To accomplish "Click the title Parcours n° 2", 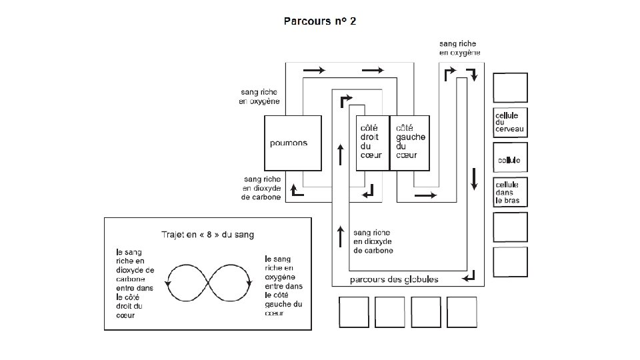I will (320, 21).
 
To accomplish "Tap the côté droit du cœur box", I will (371, 142).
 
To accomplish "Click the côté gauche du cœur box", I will (409, 142).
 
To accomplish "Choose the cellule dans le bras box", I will (510, 192).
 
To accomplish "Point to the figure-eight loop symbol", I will (209, 282).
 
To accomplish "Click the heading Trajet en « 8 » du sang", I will (207, 234).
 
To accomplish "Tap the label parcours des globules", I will (394, 279).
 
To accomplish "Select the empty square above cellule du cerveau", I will (510, 87).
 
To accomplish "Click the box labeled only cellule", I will (510, 160).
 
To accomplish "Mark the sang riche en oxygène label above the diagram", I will (459, 47).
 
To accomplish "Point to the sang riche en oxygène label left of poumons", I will (259, 97).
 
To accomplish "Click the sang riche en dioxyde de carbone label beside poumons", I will (263, 188).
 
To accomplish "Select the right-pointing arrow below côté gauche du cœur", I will (425, 195).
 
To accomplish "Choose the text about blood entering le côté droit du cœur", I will (135, 283).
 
